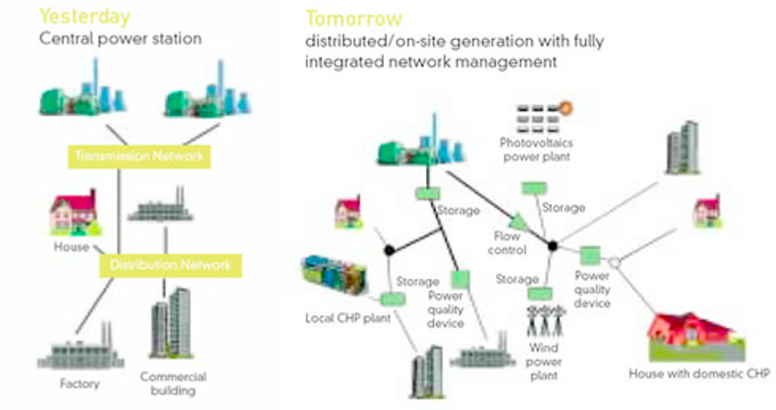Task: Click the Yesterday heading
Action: click(85, 16)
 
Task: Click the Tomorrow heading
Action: click(354, 18)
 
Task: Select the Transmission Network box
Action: click(139, 156)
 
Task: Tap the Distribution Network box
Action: click(170, 264)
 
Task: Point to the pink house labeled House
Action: click(73, 213)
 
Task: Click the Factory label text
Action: click(79, 384)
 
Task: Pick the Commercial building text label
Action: click(173, 383)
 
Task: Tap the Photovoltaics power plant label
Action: click(536, 150)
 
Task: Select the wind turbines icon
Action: click(546, 321)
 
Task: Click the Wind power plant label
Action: click(545, 361)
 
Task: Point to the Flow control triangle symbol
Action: click(519, 222)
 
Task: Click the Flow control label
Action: click(507, 243)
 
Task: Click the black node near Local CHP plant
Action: click(389, 250)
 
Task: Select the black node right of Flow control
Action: click(553, 245)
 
